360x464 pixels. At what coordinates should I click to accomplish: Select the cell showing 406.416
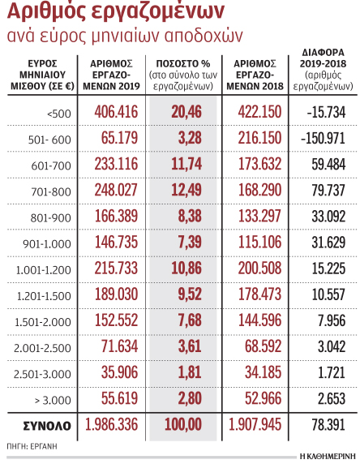point(116,112)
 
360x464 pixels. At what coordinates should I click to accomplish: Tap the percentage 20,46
point(186,112)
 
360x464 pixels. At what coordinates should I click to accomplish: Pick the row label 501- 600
point(49,140)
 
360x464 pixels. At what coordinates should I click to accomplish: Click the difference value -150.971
point(323,138)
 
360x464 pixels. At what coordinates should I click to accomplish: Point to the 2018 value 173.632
point(259,164)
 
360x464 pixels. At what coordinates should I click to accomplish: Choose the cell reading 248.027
point(116,190)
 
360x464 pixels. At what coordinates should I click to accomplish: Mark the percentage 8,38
point(190,216)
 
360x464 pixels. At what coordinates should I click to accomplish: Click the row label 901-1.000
point(47,244)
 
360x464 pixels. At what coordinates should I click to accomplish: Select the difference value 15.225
point(328,269)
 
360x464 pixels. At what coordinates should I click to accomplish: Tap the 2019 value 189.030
point(116,294)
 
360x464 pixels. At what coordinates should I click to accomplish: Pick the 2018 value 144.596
point(259,320)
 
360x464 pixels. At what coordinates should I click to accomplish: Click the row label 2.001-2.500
point(43,348)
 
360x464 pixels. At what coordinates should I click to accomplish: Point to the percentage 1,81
point(190,372)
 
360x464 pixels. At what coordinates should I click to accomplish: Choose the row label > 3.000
point(53,401)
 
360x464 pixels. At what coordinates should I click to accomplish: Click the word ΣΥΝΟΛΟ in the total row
point(47,426)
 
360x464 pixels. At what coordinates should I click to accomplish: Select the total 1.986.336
point(112,424)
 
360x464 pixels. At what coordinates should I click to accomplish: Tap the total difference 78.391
point(328,425)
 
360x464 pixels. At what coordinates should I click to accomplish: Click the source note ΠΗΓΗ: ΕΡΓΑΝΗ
point(32,446)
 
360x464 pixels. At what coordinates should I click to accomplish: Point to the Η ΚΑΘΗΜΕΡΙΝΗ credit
point(328,457)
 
